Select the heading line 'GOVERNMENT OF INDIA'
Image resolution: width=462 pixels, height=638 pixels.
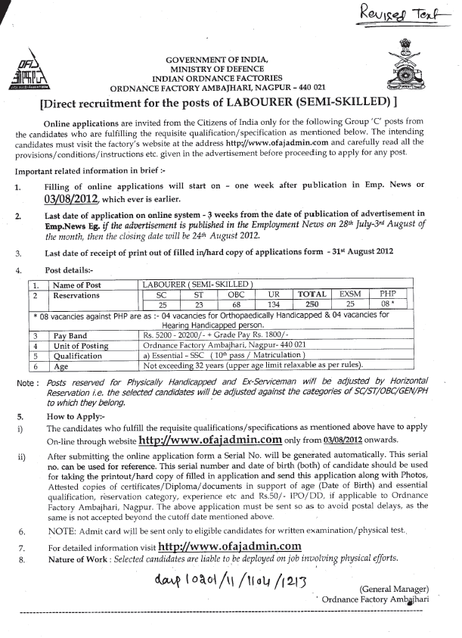(217, 59)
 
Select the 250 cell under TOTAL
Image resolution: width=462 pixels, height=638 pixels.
(312, 304)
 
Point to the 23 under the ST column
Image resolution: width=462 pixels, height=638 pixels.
(198, 304)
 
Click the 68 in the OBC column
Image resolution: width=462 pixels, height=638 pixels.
(234, 304)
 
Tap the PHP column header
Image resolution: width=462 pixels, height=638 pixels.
(387, 294)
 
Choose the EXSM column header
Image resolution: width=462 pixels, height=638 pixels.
(349, 294)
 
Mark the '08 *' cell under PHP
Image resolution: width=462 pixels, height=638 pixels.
(387, 304)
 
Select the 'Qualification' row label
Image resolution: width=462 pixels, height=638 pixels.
(76, 353)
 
